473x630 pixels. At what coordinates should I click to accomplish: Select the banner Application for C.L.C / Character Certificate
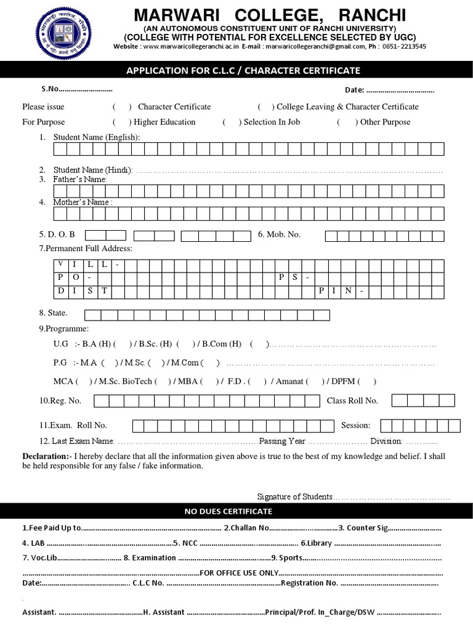[x=243, y=71]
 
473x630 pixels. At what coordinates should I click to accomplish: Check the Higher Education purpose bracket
[x=122, y=122]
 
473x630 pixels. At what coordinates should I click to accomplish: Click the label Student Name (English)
[x=97, y=137]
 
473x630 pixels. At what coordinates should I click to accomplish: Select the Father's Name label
[x=80, y=179]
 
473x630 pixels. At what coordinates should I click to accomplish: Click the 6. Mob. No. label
[x=279, y=234]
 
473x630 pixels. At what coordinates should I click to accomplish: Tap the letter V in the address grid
[x=60, y=264]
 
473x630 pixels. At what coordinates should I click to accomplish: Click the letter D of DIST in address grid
[x=60, y=290]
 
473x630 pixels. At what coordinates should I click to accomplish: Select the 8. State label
[x=54, y=313]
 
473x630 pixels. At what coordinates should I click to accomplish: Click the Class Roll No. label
[x=352, y=401]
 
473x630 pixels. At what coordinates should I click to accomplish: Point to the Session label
[x=356, y=425]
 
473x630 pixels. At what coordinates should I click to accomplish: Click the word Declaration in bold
[x=47, y=457]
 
